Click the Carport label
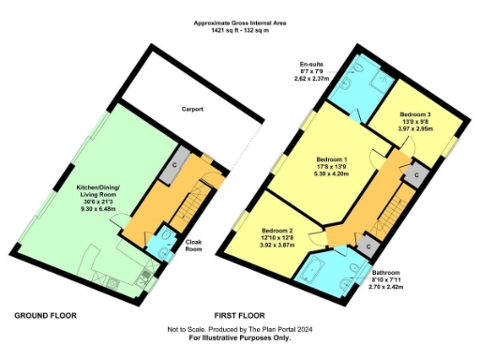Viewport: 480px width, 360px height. (193, 109)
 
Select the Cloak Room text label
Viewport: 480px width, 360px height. (193, 245)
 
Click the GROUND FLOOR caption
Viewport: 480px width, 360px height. (45, 315)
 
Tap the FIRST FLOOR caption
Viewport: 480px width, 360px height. (239, 315)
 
